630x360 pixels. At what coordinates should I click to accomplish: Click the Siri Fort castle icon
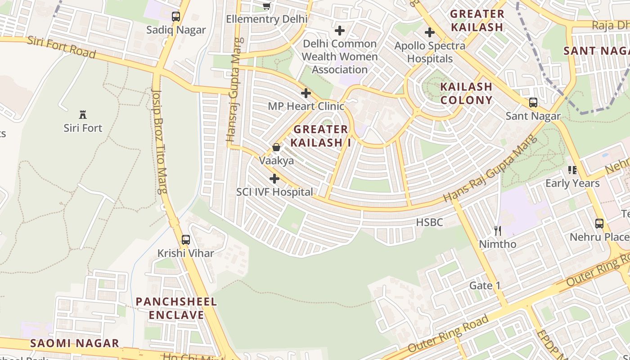click(x=83, y=114)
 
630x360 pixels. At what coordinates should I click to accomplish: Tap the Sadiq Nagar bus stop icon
click(x=176, y=17)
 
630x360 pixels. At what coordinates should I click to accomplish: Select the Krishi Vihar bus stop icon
click(x=185, y=240)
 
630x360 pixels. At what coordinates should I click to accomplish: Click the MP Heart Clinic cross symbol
click(x=306, y=93)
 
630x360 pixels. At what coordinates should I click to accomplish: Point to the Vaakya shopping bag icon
click(x=276, y=147)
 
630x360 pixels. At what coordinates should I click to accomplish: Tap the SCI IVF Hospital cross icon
click(x=274, y=179)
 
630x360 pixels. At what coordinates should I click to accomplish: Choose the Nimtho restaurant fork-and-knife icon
click(x=497, y=231)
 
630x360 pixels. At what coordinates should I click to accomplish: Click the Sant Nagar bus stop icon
click(x=533, y=103)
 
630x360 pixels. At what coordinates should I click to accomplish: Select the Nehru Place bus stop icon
click(x=599, y=224)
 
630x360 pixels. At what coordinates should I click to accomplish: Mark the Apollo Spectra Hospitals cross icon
click(x=430, y=32)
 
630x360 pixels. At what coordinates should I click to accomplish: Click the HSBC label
click(x=429, y=222)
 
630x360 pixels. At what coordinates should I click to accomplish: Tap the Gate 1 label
click(x=485, y=286)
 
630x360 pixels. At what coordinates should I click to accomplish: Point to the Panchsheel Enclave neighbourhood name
click(x=176, y=308)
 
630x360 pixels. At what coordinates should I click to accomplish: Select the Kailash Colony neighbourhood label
click(x=466, y=93)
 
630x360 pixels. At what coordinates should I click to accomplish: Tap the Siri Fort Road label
click(x=62, y=47)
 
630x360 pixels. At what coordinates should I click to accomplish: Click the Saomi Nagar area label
click(x=75, y=343)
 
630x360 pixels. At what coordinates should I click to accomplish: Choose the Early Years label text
click(x=572, y=184)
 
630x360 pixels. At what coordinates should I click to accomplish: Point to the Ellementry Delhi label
click(x=267, y=19)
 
